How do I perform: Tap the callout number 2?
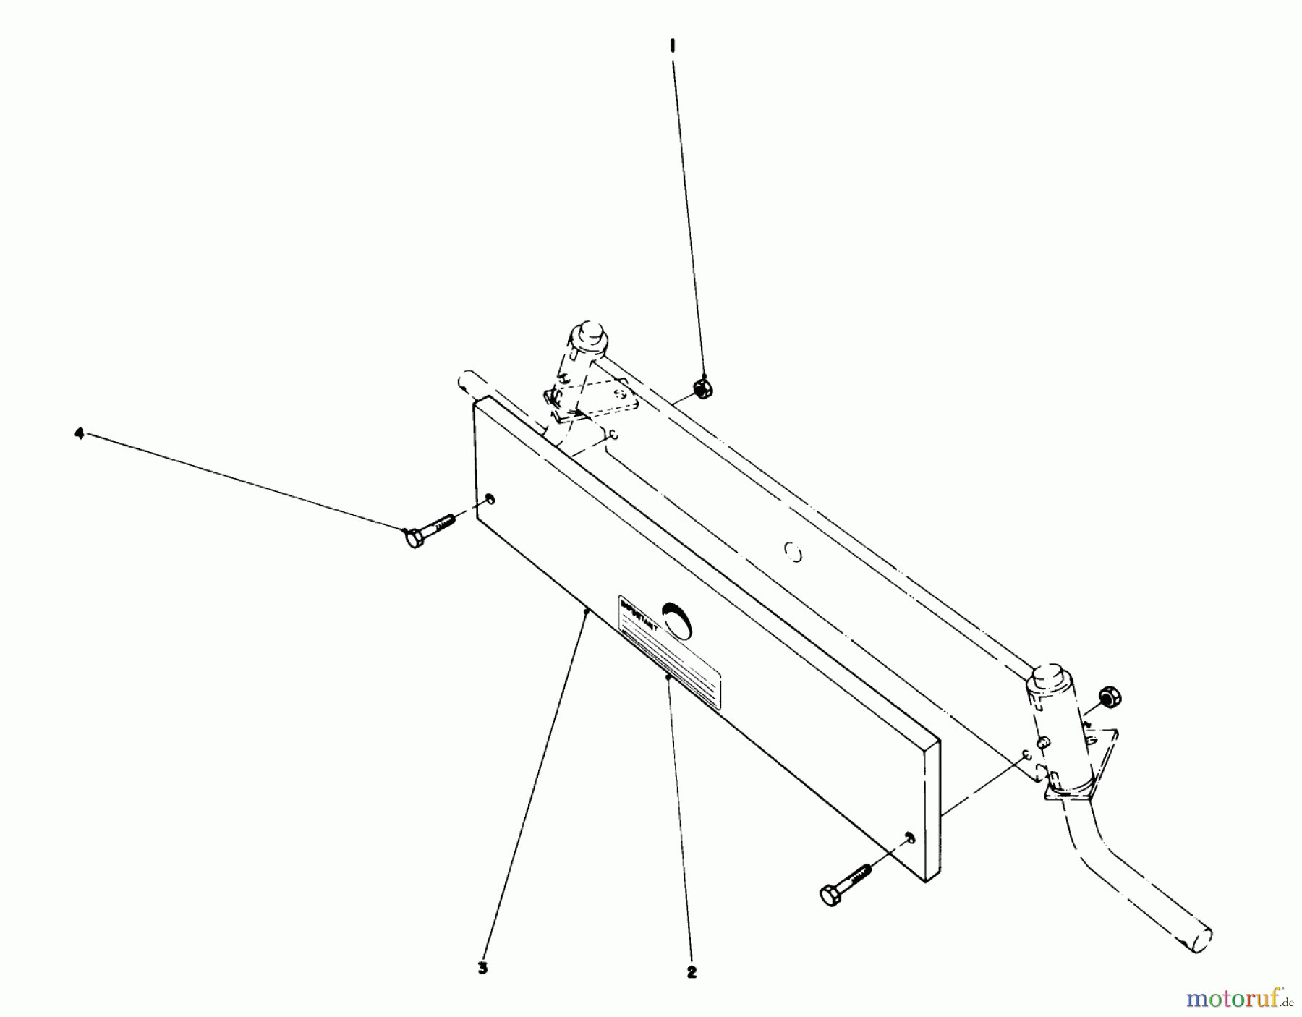pos(692,972)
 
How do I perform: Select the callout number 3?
pos(482,968)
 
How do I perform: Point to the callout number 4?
pos(79,433)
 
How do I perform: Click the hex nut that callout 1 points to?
pos(700,388)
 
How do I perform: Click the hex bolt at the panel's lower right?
pos(846,883)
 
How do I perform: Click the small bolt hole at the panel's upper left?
pos(490,498)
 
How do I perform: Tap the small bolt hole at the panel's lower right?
pos(909,837)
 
